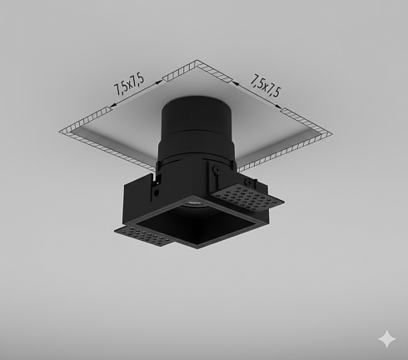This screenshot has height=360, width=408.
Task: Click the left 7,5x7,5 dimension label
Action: [130, 87]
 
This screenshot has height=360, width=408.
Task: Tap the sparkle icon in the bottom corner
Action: [386, 338]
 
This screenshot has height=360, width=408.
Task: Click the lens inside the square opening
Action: [192, 202]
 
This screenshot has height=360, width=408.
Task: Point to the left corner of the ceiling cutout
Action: [60, 131]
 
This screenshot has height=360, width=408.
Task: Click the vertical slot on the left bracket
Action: [153, 193]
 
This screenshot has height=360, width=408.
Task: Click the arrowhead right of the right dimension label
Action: [286, 107]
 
